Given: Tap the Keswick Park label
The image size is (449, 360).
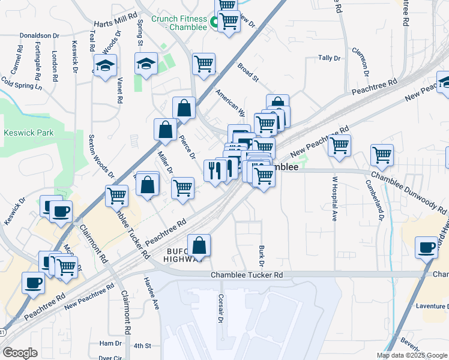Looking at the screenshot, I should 28,133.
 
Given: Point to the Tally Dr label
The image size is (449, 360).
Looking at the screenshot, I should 330,58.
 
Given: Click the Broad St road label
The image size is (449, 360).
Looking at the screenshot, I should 247,73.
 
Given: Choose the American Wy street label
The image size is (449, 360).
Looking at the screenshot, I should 231,103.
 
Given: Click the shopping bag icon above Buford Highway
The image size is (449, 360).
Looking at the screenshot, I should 199,245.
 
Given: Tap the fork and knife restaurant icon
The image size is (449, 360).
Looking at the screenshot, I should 214,171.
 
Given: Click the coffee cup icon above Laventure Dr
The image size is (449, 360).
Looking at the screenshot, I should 427,247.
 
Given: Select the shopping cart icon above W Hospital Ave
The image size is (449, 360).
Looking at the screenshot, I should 340,145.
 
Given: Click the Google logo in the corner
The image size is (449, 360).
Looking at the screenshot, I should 20,353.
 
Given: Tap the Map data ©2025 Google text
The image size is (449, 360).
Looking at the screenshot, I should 412,355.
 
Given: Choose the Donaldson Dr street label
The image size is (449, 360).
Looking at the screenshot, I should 39,35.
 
